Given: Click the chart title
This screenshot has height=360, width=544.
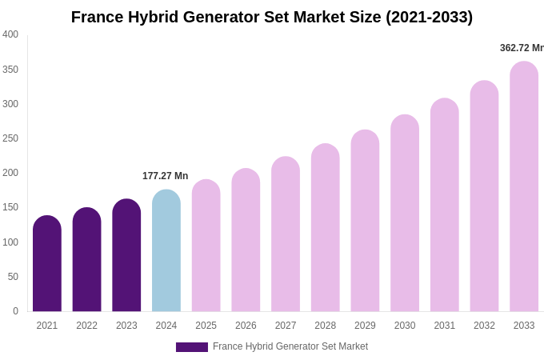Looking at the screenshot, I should tap(272, 17).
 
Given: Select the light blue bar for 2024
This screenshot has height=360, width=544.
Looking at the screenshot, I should tap(166, 252).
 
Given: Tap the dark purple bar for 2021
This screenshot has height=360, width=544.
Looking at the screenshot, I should tap(47, 264).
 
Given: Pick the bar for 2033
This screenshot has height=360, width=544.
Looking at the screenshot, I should tap(524, 188).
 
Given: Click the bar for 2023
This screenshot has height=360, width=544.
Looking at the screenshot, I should tap(126, 256).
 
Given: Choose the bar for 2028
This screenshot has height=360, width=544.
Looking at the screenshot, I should tap(326, 228).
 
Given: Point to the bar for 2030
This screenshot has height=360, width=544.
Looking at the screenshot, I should tap(405, 214).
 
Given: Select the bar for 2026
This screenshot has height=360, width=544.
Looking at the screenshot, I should tap(246, 240).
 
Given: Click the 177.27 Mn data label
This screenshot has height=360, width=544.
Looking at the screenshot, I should tap(166, 176).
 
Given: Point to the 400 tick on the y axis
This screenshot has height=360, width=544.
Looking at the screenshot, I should tap(10, 34).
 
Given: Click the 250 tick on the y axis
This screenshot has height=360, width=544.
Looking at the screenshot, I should tap(10, 138).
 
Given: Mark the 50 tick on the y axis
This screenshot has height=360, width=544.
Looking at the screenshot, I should tap(13, 277).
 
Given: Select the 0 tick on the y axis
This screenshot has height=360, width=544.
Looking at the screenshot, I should tap(15, 311).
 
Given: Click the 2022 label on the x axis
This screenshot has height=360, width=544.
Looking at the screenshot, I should tap(86, 326).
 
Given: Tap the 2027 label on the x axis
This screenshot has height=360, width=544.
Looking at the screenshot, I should tap(286, 326).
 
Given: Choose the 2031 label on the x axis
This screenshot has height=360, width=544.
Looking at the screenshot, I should tap(445, 326).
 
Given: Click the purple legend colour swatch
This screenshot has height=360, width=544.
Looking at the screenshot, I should tap(192, 347).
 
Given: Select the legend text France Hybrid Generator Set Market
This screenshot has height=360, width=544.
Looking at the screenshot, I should tap(290, 346).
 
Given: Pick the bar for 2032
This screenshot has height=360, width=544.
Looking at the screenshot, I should tap(484, 196).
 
